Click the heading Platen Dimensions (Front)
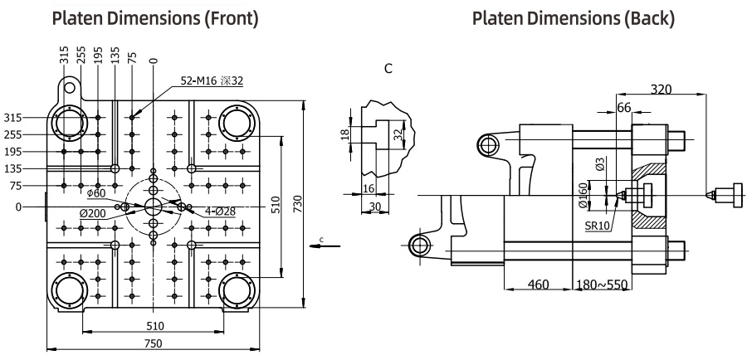coord(153,17)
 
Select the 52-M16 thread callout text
coord(212,80)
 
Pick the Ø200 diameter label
coord(92,212)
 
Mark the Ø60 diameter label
coord(97,193)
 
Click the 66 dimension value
coord(624,108)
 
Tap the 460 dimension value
coord(540,285)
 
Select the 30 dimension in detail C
coord(375,206)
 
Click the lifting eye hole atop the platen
coord(71,86)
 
